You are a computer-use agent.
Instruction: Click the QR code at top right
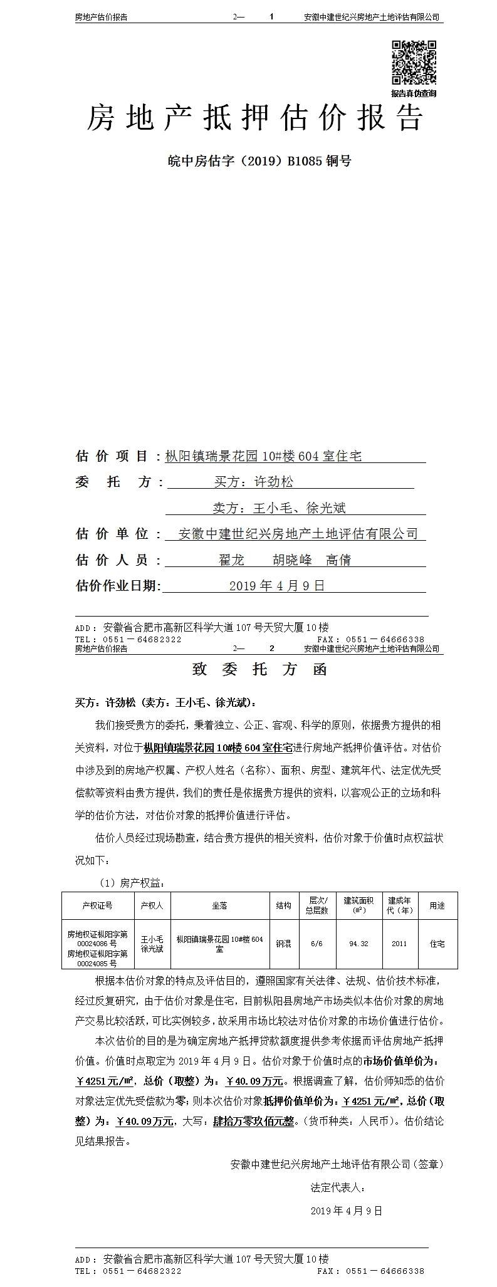[414, 62]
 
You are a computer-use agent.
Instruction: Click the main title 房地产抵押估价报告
[255, 118]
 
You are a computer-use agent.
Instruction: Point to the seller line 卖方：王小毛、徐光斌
[279, 508]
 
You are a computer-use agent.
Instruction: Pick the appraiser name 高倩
[338, 560]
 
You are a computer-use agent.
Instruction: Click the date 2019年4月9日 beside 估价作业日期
[277, 586]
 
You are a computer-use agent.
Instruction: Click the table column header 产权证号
[97, 905]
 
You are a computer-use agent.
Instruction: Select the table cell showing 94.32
[358, 944]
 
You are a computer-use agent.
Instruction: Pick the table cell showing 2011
[399, 944]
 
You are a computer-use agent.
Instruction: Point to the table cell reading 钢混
[283, 944]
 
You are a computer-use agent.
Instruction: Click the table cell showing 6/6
[317, 944]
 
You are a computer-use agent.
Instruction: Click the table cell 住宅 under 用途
[437, 944]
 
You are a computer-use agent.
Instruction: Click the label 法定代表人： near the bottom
[338, 1187]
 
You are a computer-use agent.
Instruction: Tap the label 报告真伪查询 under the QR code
[414, 93]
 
